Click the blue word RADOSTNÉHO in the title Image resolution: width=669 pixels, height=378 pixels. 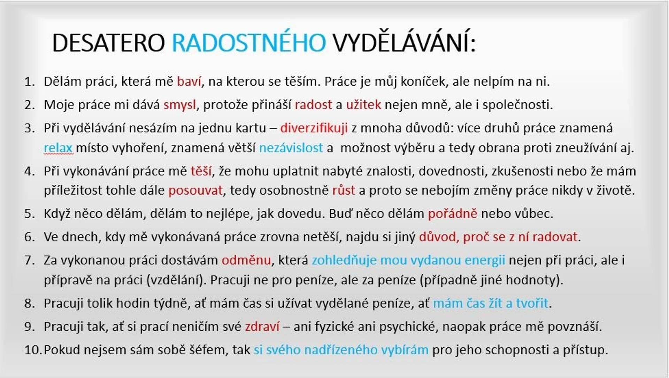249,43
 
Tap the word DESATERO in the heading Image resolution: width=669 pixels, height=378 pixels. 108,43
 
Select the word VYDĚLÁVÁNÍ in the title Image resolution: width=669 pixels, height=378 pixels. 403,43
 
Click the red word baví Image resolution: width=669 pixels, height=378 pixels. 189,81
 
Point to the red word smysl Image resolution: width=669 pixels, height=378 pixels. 179,105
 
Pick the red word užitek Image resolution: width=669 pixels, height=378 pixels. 363,105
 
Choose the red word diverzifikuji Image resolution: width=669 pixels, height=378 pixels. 314,128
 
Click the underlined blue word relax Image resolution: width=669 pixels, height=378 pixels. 58,148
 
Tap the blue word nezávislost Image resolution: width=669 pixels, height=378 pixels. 291,148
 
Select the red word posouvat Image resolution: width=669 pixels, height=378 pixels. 195,190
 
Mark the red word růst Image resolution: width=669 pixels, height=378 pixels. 344,190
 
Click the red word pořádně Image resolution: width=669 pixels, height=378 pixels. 452,213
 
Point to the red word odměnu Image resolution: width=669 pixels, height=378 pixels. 246,260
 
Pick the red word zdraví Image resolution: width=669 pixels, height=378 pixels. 262,326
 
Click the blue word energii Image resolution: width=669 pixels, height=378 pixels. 485,260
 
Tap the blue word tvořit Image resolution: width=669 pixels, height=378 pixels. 532,303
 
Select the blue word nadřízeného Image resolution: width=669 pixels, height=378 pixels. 341,350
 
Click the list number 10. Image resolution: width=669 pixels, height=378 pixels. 33,350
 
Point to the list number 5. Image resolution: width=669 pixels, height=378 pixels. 29,213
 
